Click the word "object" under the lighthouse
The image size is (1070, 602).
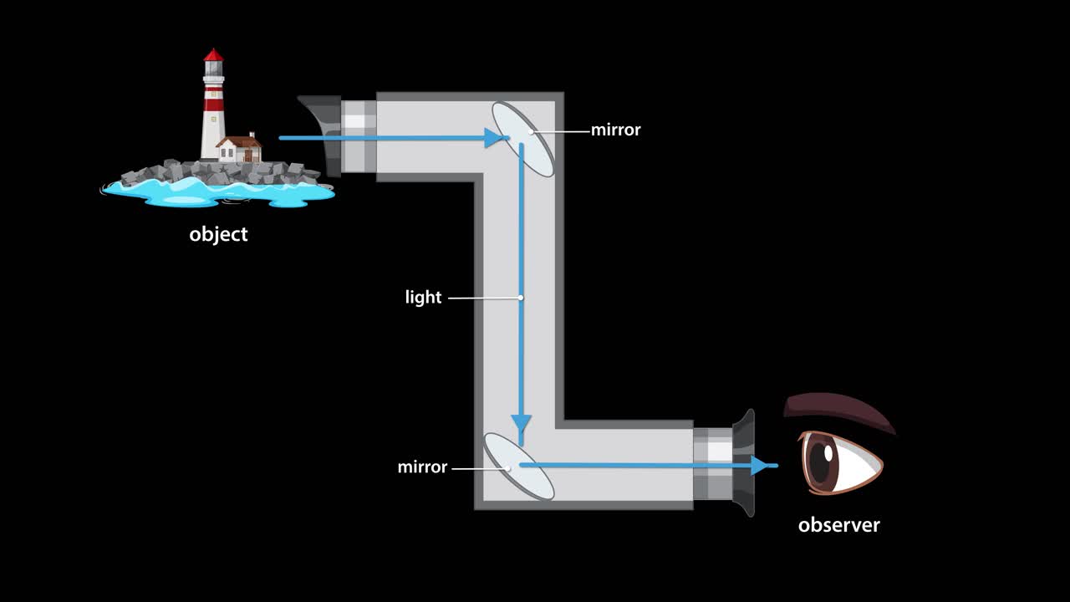[218, 234]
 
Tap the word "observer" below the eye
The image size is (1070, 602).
[838, 525]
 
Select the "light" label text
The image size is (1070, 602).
[423, 298]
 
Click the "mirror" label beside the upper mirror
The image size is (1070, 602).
[615, 130]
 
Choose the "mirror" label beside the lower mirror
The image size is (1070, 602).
[422, 467]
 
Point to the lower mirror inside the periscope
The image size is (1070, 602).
[518, 466]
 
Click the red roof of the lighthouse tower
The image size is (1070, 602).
[214, 57]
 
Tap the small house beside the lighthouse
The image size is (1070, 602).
[238, 150]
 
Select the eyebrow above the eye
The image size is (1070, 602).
[836, 411]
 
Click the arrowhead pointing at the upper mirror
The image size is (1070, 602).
[494, 138]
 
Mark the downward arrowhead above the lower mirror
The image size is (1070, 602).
[522, 421]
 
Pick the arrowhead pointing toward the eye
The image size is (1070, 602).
[760, 466]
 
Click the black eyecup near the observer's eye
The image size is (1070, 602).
[743, 464]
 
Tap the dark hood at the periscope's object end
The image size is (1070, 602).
[321, 134]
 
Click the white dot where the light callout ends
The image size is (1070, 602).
[521, 298]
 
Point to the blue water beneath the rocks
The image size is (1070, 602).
[217, 193]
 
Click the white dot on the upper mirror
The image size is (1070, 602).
[530, 131]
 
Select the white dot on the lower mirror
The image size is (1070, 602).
[508, 468]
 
